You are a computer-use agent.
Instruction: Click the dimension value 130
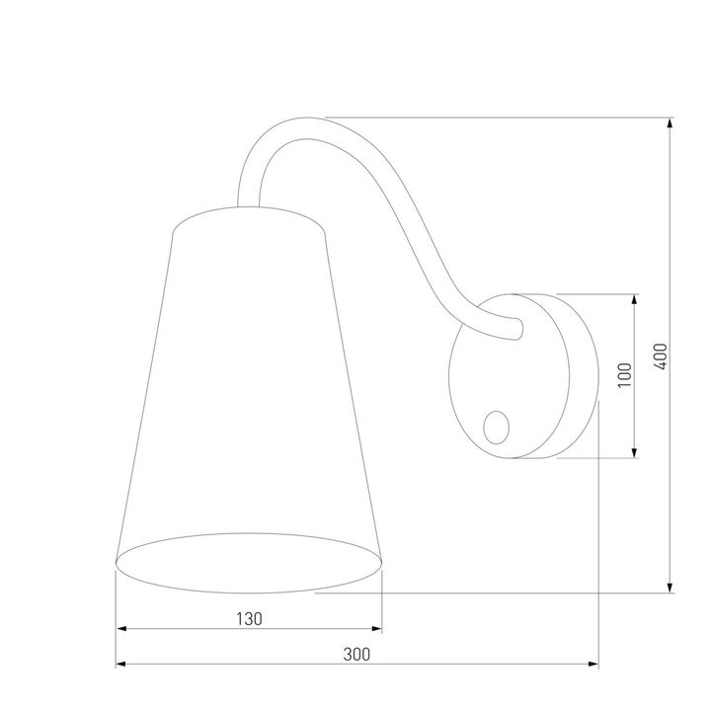pos(249,619)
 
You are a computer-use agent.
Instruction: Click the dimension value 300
pos(357,653)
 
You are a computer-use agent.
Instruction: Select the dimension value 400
pos(660,356)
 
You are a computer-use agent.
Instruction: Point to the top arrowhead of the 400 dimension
pos(671,124)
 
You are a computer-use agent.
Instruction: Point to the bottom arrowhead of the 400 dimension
pos(671,588)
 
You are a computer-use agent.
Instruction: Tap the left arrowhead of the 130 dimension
pos(122,630)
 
